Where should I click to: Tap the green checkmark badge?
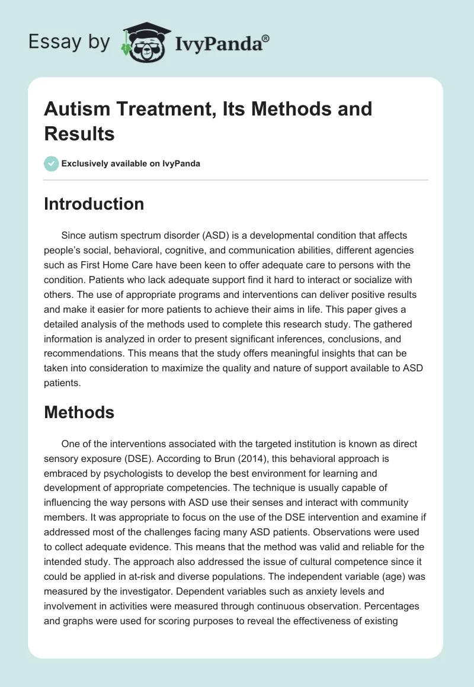coord(52,163)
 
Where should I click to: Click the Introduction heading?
coord(94,204)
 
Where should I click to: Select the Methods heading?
coord(79,412)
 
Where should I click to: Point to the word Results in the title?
coord(79,133)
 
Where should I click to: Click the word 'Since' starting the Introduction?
coord(73,236)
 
